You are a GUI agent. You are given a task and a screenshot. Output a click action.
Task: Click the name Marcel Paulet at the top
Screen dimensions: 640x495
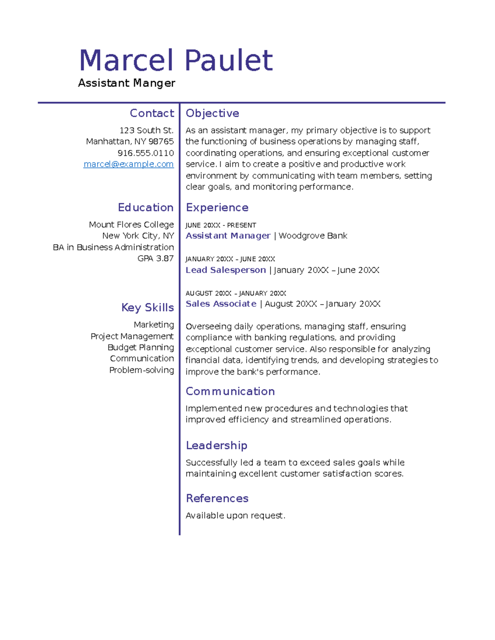click(176, 61)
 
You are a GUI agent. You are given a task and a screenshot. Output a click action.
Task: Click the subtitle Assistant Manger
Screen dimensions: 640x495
click(127, 83)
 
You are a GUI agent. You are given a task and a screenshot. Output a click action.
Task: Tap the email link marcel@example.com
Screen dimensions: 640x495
click(128, 164)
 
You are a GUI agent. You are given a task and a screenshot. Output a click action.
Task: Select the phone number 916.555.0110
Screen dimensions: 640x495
click(146, 153)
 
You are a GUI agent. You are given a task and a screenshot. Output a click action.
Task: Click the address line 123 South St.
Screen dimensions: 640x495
click(146, 130)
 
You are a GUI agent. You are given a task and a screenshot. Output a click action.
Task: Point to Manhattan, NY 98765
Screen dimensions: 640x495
click(130, 141)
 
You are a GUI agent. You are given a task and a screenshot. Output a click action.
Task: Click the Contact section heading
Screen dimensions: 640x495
click(152, 113)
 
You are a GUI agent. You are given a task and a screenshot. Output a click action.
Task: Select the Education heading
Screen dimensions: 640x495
click(146, 207)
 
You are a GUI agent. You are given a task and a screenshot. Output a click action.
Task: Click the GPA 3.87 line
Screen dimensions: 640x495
click(156, 258)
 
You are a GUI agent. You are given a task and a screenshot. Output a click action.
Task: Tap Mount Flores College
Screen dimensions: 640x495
click(131, 225)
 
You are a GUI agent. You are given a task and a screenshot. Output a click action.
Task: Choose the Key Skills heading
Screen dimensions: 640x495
click(147, 307)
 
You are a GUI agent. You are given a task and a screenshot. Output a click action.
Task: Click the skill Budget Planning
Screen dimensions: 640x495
click(141, 347)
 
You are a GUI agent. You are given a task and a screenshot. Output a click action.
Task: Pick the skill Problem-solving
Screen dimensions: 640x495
click(141, 370)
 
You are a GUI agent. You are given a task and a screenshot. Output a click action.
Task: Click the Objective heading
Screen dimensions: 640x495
click(212, 113)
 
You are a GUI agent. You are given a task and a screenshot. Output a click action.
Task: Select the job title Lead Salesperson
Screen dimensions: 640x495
click(226, 270)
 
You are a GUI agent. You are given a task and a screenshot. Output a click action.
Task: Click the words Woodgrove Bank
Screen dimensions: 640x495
click(313, 236)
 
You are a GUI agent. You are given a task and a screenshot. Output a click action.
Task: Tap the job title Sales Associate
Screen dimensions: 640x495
click(221, 304)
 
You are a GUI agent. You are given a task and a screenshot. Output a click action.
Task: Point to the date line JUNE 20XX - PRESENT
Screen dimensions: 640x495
click(221, 225)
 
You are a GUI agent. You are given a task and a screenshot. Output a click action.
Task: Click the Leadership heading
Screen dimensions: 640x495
click(217, 445)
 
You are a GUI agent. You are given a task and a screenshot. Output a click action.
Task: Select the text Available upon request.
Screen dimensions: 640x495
click(235, 516)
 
